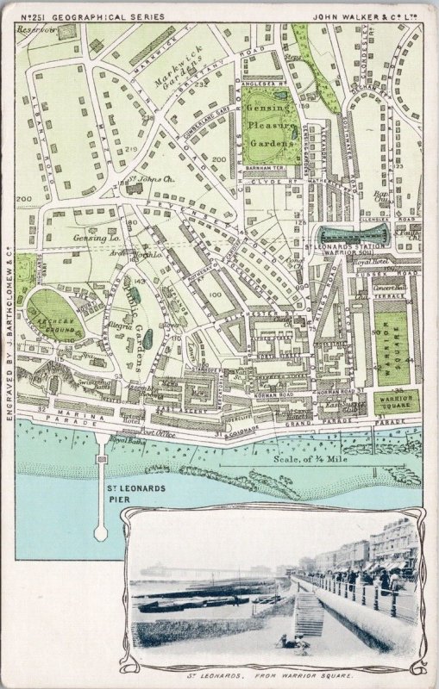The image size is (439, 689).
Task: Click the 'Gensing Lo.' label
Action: coord(89,237)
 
